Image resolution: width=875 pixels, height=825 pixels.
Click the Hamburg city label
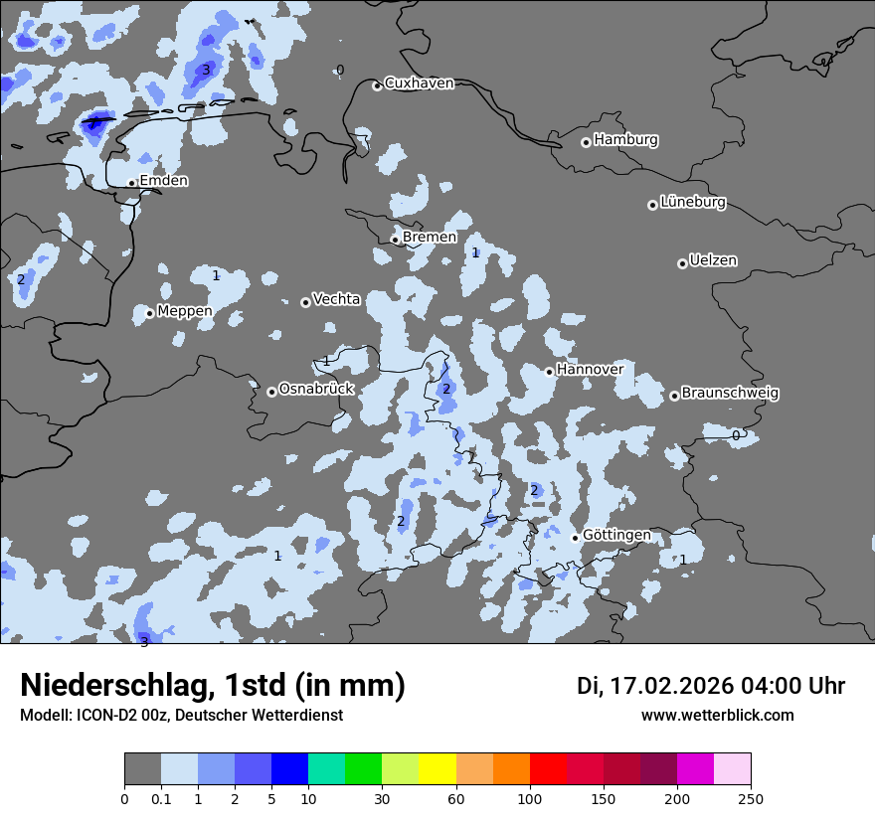pyautogui.click(x=625, y=140)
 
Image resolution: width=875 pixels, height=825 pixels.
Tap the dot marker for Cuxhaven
pyautogui.click(x=377, y=85)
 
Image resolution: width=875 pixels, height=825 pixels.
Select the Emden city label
pyautogui.click(x=163, y=181)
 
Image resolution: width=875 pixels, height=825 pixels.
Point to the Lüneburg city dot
pyautogui.click(x=652, y=205)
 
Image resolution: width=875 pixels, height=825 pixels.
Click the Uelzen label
pyautogui.click(x=713, y=261)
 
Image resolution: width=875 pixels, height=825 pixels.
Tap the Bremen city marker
pyautogui.click(x=395, y=240)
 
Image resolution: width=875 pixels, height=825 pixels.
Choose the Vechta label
pyautogui.click(x=336, y=299)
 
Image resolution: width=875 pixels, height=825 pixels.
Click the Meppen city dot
pyautogui.click(x=150, y=313)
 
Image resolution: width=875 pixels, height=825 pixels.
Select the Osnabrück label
pyautogui.click(x=316, y=389)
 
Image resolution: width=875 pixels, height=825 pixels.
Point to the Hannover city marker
pyautogui.click(x=549, y=372)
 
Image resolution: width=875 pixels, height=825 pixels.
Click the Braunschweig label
pyautogui.click(x=730, y=393)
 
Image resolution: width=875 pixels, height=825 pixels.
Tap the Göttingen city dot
pyautogui.click(x=575, y=538)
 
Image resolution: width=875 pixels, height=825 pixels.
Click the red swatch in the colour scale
pyautogui.click(x=548, y=769)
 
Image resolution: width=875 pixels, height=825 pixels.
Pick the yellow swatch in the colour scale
pyautogui.click(x=437, y=769)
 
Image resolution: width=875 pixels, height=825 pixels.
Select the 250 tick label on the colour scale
pyautogui.click(x=751, y=798)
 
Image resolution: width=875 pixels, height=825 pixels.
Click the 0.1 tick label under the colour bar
pyautogui.click(x=160, y=798)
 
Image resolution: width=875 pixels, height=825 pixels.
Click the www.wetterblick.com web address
pyautogui.click(x=718, y=715)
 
